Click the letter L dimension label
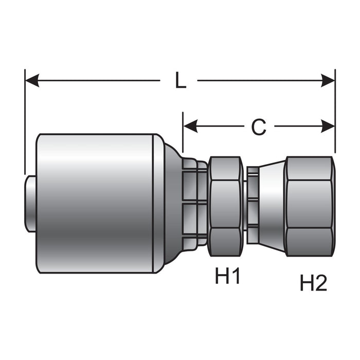pos(181,80)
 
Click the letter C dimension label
pos(259,127)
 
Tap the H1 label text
pos(227,276)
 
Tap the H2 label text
pos(313,283)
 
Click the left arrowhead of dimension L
pos(32,81)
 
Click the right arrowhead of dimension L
pos(328,81)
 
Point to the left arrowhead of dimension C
pos(190,126)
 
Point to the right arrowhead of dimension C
pos(328,126)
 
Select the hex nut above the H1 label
pos(226,206)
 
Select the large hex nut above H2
pos(309,206)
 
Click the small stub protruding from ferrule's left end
pos(30,204)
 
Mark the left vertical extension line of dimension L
pos(25,122)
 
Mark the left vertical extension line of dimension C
pos(183,132)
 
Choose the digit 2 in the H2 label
pos(321,283)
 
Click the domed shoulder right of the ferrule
pos(173,204)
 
